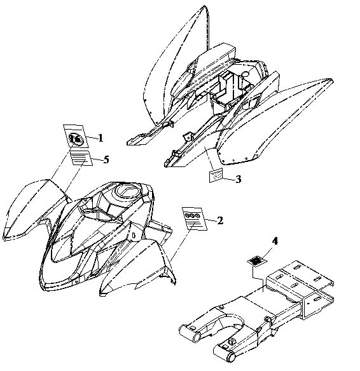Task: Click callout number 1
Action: click(100, 138)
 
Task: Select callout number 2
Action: click(220, 220)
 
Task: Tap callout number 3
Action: click(239, 179)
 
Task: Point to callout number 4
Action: click(275, 241)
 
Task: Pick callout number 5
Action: click(106, 159)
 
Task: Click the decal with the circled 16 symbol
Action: click(76, 137)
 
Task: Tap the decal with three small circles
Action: click(195, 219)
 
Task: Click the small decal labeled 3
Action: click(216, 175)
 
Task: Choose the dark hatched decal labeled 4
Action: click(257, 261)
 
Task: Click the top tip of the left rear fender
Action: click(204, 7)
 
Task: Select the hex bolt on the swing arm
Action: click(232, 341)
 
